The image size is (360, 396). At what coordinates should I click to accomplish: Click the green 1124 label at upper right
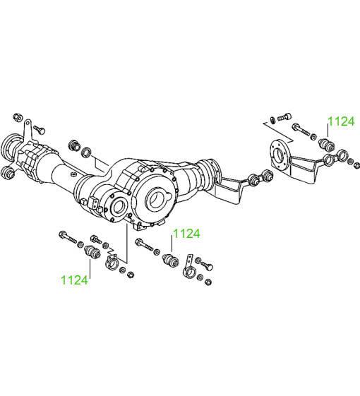click(341, 121)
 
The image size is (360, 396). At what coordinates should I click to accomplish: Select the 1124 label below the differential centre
click(186, 234)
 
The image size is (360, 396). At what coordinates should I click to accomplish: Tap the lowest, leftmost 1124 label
click(75, 280)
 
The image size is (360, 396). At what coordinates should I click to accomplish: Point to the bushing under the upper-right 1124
click(326, 144)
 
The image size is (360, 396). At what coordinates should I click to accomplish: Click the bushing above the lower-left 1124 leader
click(92, 252)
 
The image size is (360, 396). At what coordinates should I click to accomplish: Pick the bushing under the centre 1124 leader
click(170, 260)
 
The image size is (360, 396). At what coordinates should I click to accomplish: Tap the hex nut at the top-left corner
click(18, 117)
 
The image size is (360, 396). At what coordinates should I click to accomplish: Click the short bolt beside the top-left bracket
click(39, 130)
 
